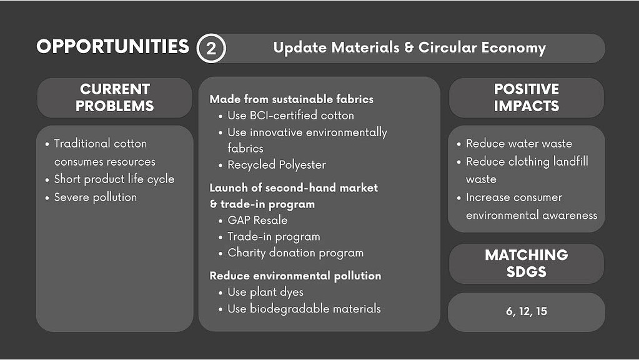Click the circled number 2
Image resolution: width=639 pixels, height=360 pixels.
click(211, 48)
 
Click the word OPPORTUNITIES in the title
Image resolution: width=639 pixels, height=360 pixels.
click(113, 46)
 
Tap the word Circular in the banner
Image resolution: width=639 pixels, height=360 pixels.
click(447, 47)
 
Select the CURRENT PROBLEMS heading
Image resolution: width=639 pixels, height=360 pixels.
click(114, 97)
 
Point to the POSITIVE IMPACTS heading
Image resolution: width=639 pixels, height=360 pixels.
click(527, 97)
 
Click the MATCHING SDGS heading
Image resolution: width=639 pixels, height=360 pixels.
click(526, 263)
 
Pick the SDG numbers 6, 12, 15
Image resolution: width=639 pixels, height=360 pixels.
click(527, 311)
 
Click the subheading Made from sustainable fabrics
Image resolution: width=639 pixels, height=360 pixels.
click(291, 99)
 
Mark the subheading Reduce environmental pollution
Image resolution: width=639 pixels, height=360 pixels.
click(295, 276)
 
